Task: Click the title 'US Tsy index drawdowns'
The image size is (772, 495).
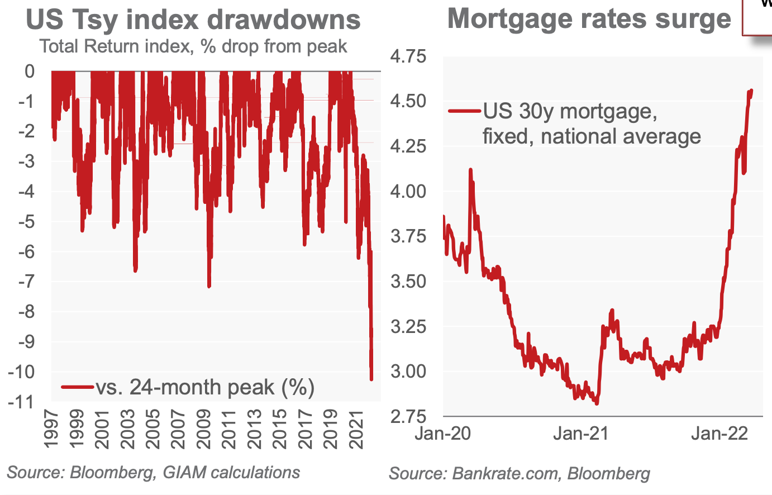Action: coord(193,20)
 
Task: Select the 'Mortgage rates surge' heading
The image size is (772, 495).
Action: coord(589,18)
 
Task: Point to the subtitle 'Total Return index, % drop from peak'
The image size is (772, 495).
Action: coord(193,46)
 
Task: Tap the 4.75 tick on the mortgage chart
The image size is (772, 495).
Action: coord(407,56)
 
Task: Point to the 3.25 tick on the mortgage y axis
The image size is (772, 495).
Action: coord(407,326)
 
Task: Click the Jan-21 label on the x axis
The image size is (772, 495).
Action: coord(581,434)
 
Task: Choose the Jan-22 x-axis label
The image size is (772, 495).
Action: coord(719,434)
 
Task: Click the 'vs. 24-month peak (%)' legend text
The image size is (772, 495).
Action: coord(205,387)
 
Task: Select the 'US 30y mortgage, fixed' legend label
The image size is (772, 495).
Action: coord(570,112)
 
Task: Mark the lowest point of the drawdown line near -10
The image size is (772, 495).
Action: coord(371,380)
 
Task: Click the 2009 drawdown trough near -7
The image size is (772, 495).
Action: coord(209,286)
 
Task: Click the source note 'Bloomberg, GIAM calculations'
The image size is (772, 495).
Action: coord(153,473)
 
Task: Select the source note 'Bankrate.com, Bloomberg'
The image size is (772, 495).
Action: coord(520,474)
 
